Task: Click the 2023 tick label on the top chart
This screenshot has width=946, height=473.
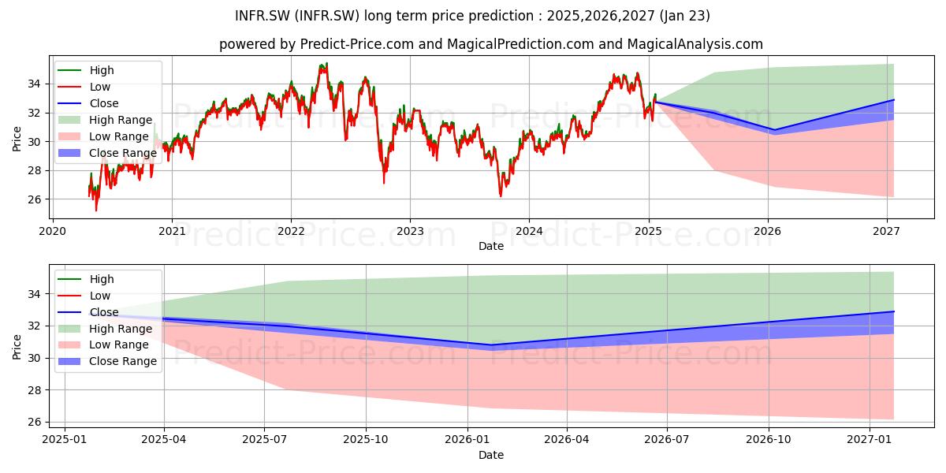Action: tap(410, 232)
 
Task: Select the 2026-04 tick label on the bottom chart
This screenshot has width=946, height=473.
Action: tap(566, 440)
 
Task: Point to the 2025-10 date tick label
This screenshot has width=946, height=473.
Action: tap(365, 440)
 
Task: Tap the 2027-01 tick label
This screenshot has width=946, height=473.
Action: tap(870, 440)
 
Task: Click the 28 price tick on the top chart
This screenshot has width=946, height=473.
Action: tap(34, 170)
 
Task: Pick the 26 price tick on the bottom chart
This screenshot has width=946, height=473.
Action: tap(34, 423)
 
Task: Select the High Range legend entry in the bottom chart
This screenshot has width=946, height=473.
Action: tap(105, 329)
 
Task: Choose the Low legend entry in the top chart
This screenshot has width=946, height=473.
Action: tap(84, 87)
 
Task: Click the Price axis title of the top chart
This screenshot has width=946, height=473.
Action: tap(17, 139)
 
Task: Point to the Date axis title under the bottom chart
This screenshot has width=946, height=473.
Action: tap(490, 455)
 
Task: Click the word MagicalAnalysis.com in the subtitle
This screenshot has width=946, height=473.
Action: tap(695, 44)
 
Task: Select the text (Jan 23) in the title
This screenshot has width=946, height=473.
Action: tap(684, 16)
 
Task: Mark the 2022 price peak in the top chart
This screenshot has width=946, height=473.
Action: tap(326, 64)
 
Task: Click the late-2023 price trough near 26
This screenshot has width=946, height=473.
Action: tap(501, 196)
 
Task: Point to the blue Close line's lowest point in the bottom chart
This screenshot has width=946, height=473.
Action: tap(490, 345)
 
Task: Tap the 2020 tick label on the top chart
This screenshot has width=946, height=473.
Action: tap(52, 232)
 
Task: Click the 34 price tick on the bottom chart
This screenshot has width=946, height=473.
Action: tap(34, 294)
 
